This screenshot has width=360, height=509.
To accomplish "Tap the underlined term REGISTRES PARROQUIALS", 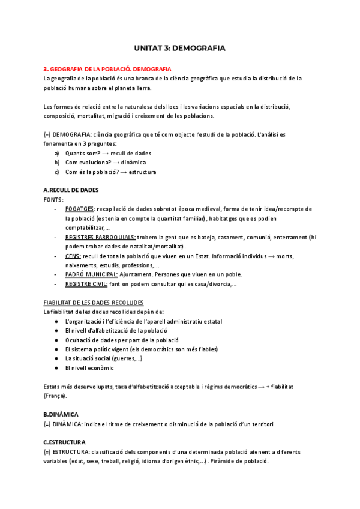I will [x=100, y=238].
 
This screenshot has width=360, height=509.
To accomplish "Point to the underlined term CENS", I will [x=72, y=256].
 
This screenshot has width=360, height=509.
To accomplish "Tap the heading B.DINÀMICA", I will [x=62, y=415].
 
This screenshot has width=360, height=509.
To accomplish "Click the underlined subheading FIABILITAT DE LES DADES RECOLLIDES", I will [x=94, y=303].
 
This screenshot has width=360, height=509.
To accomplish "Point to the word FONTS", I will [x=53, y=199].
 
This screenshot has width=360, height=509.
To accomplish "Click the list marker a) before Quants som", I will [x=57, y=153].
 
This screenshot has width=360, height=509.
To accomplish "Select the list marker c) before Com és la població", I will [x=57, y=172].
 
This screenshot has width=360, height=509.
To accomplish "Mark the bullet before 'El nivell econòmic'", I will [x=56, y=368].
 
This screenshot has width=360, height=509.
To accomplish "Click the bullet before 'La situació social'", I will [x=56, y=358].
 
